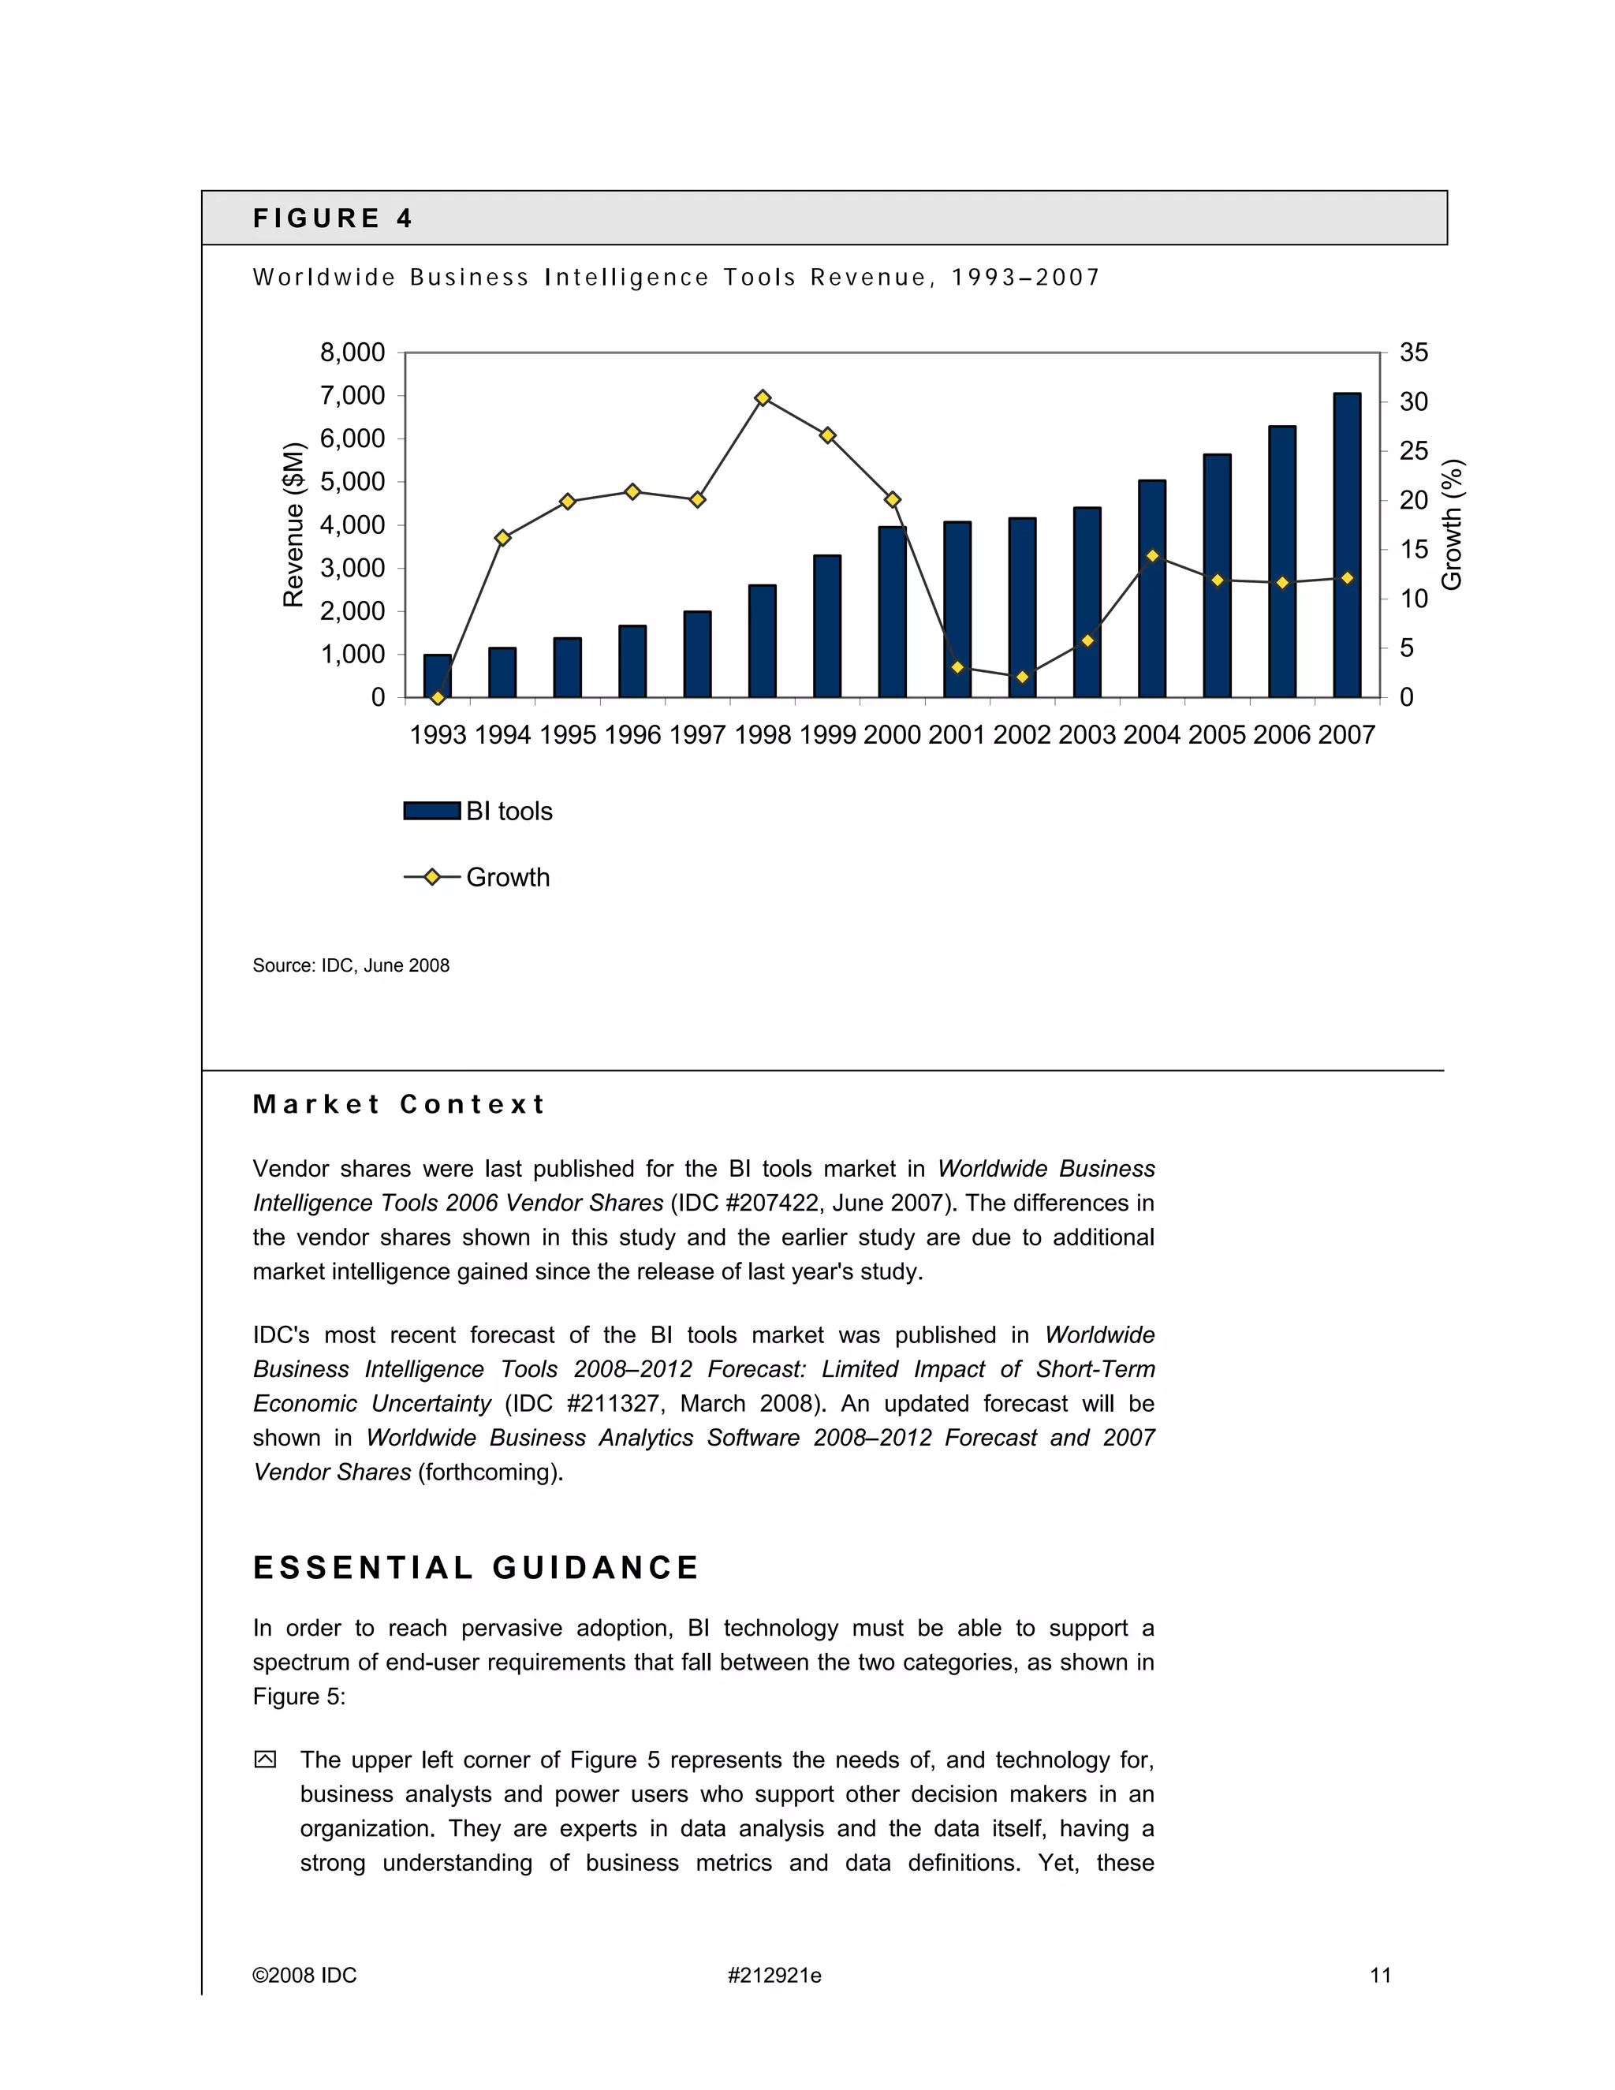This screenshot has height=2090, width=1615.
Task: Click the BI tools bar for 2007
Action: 1346,546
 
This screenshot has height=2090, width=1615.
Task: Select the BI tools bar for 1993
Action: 437,677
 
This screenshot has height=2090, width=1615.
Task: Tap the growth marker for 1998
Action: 763,397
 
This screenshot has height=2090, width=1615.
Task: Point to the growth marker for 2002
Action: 1022,677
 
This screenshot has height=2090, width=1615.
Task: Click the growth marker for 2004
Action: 1152,556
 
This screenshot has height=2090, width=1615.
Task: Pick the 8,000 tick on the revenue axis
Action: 352,353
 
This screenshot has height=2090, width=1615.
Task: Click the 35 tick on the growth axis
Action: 1413,353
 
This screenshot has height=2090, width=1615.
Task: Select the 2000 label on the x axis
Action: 892,735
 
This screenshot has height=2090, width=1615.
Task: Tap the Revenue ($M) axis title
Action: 293,524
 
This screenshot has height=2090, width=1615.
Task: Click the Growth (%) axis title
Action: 1452,524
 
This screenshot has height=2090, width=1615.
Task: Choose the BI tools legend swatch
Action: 431,811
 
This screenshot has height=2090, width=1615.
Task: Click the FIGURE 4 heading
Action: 332,218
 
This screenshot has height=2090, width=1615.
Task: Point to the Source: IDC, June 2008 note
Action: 350,965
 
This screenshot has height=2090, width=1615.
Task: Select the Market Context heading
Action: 399,1104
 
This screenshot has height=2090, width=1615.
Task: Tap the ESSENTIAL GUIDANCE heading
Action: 476,1568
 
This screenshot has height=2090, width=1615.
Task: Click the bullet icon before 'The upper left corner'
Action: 265,1759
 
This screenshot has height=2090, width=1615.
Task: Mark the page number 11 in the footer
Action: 1380,1975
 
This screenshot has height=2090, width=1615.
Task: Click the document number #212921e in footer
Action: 774,1975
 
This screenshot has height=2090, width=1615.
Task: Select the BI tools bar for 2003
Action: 1087,603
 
